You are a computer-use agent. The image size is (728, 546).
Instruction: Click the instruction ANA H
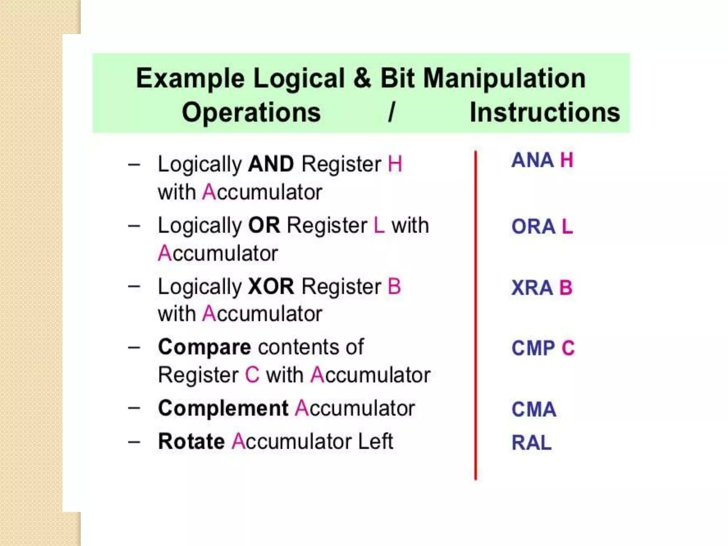click(542, 160)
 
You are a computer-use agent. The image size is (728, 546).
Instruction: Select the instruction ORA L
click(542, 226)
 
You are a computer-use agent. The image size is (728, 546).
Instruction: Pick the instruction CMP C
click(543, 348)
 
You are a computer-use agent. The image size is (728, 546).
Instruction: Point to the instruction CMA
click(534, 409)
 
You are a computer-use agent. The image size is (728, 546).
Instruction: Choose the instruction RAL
click(531, 443)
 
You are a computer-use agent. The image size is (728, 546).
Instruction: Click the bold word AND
click(271, 164)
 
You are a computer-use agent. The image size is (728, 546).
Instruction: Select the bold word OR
click(264, 225)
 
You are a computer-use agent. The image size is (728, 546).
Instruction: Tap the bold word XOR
click(271, 287)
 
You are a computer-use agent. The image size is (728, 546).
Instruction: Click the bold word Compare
click(204, 347)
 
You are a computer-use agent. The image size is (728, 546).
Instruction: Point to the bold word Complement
click(223, 408)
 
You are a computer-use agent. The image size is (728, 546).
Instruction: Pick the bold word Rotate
click(191, 441)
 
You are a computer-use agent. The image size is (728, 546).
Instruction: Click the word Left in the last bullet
click(375, 441)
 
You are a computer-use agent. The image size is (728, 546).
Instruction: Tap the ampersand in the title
click(362, 78)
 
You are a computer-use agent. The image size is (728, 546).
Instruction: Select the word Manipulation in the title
click(504, 78)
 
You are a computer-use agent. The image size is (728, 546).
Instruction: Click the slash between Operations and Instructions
click(392, 112)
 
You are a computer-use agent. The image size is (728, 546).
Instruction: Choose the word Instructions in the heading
click(545, 112)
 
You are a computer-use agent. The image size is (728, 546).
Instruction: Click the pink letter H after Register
click(395, 164)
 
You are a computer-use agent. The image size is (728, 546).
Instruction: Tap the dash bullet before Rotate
click(134, 442)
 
